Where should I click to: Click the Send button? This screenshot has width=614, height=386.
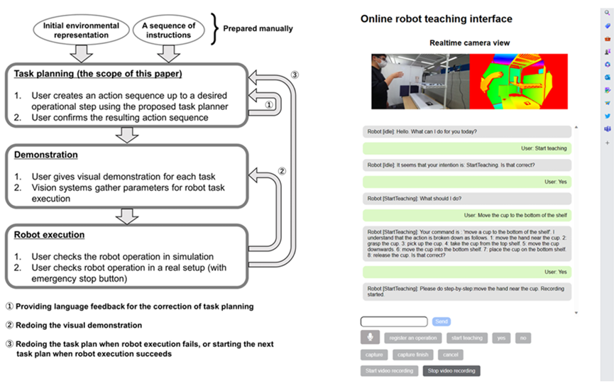click(441, 321)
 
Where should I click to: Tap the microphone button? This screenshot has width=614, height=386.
click(370, 338)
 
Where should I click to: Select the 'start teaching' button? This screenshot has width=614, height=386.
click(466, 338)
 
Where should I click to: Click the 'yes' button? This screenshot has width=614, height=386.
click(501, 338)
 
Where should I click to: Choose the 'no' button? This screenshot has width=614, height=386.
click(522, 338)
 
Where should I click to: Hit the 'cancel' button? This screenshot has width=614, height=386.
click(449, 354)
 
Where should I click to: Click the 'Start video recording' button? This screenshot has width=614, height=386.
click(389, 370)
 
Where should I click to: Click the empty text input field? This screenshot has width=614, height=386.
click(393, 321)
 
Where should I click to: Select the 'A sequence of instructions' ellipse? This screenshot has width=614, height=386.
click(168, 29)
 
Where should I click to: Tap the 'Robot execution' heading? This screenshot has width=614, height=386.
click(49, 235)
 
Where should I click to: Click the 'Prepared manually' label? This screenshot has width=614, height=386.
click(258, 28)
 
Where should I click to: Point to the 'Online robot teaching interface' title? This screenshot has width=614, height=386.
click(436, 18)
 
